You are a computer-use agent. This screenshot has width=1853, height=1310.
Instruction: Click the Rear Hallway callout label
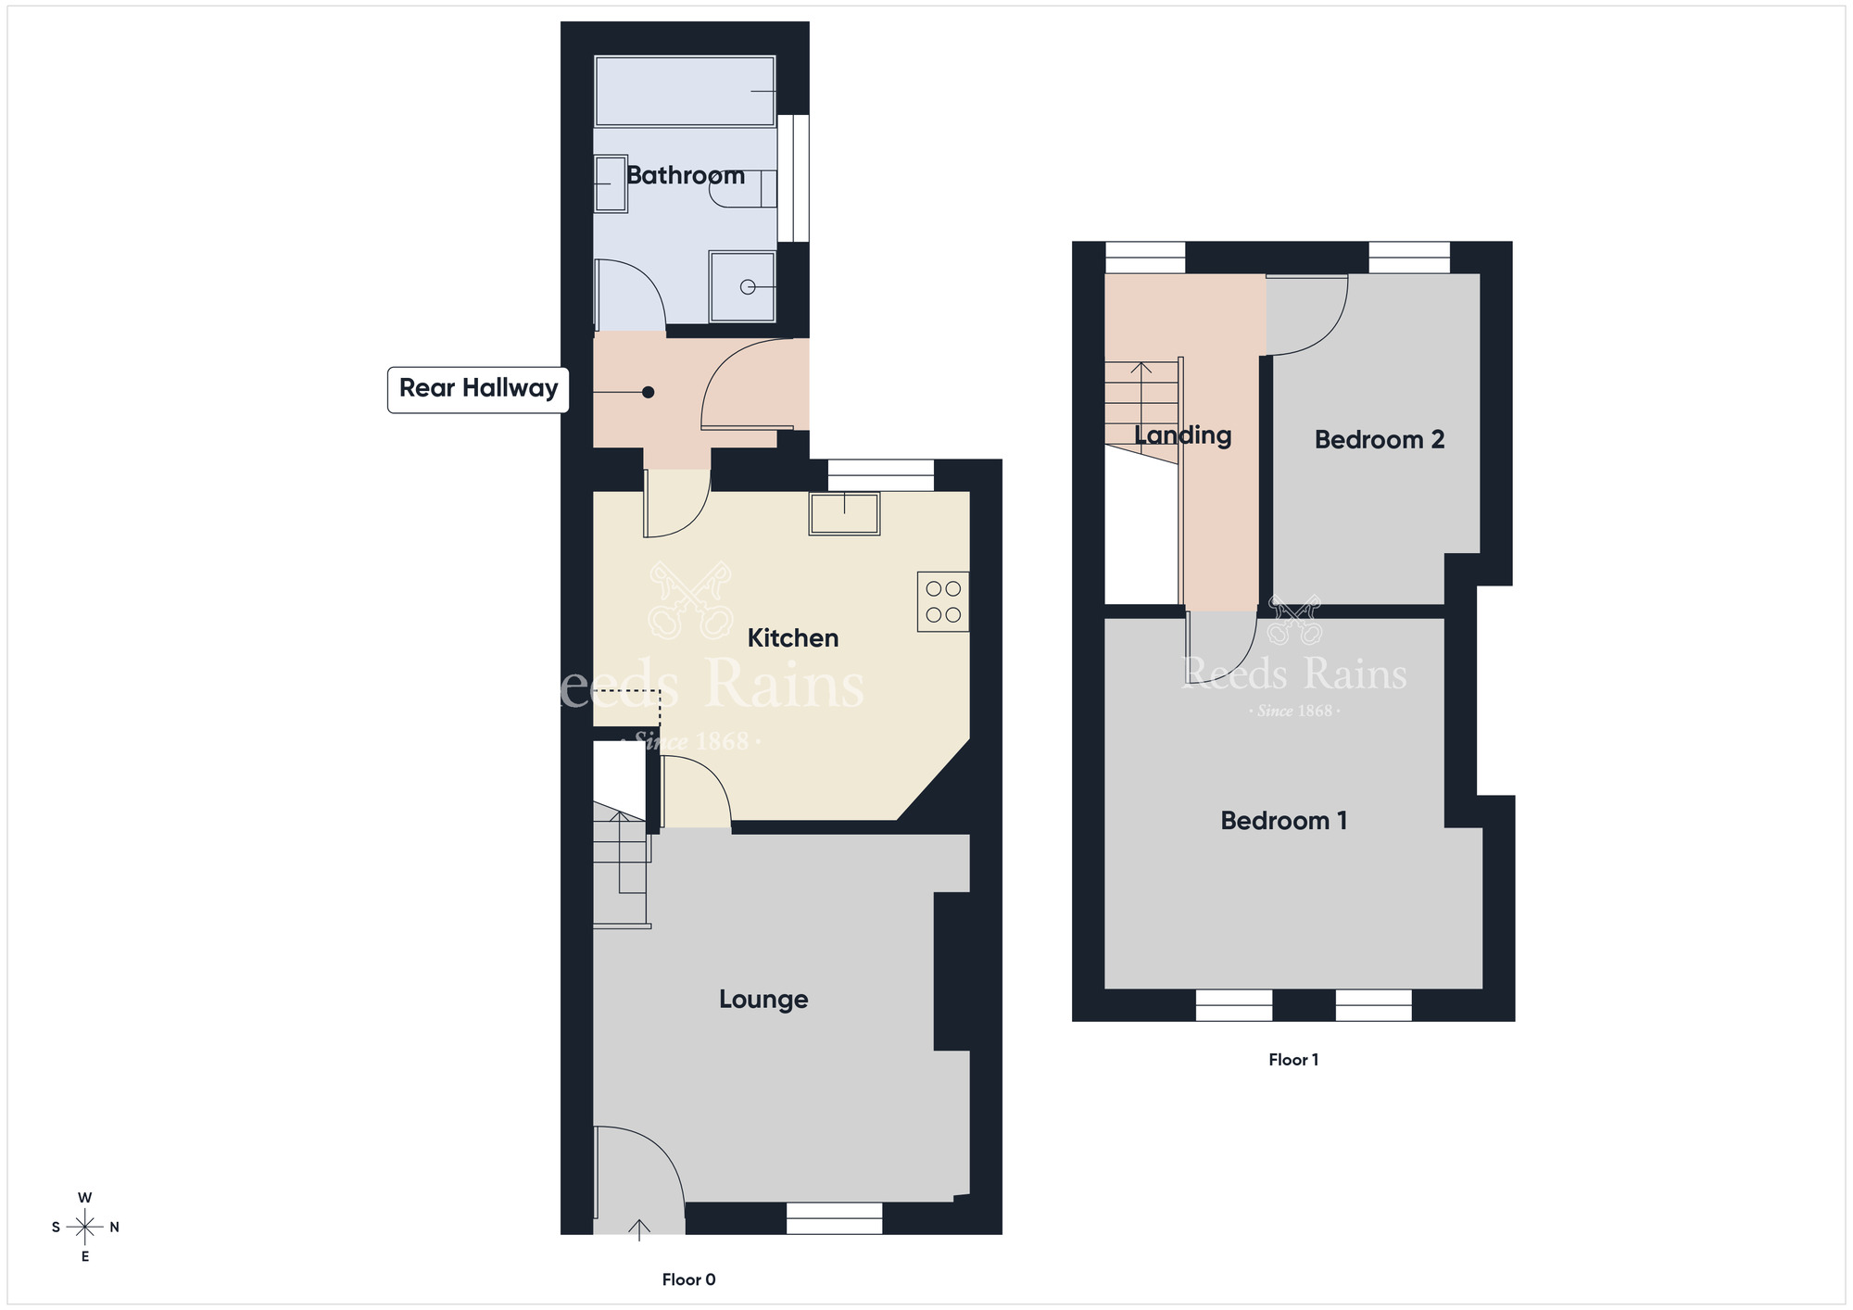pos(478,389)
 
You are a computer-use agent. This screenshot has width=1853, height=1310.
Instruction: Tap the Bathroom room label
pos(686,175)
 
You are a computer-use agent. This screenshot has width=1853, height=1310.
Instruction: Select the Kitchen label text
pos(793,637)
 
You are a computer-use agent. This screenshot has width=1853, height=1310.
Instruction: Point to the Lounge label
pos(763,1000)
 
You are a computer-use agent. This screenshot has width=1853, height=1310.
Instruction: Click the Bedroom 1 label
pos(1283,821)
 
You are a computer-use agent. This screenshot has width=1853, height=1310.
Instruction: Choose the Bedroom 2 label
pos(1380,440)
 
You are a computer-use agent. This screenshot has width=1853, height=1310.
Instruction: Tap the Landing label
pos(1183,436)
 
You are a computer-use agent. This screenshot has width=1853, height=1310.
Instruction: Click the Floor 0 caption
pos(688,1279)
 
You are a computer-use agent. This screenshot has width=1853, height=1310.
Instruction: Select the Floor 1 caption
pos(1293,1060)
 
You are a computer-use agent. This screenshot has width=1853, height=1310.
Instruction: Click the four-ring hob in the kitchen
pos(943,602)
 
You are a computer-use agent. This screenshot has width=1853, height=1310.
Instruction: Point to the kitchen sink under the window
pos(844,514)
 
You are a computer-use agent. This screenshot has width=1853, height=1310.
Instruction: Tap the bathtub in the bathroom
pos(685,91)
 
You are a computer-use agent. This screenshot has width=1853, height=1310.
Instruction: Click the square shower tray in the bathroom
pos(742,287)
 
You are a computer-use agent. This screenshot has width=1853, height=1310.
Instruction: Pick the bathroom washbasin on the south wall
pos(611,183)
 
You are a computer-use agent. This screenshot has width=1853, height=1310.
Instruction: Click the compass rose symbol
pos(85,1228)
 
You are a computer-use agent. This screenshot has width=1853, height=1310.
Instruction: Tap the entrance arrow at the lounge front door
pos(639,1229)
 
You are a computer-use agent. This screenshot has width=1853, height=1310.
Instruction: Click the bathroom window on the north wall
pos(793,178)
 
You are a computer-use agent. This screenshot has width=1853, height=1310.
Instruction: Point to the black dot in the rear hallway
pos(649,393)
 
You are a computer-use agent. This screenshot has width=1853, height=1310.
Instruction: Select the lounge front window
pos(834,1218)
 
